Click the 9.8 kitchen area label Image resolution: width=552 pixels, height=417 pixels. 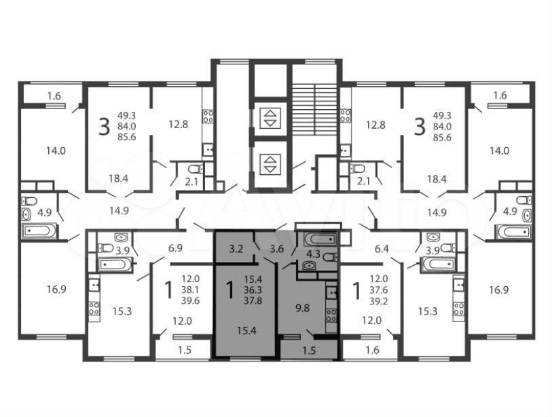coord(302,308)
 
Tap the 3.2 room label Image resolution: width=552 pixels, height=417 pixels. coord(236,249)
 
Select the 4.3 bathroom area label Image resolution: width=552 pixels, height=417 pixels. coord(313,254)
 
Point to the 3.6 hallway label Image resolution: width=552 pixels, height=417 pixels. coord(277,249)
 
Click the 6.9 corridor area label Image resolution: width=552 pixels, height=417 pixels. coord(175,248)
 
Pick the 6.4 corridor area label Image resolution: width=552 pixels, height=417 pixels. coord(382,249)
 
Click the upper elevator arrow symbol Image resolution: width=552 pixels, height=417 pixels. coord(270,118)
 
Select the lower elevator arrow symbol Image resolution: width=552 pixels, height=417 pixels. coord(270,164)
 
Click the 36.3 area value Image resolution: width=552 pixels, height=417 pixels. coord(253,290)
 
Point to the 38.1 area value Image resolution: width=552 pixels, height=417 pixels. coord(191,290)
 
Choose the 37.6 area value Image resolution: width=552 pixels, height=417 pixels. coord(378,290)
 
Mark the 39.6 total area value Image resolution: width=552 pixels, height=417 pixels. coord(191,300)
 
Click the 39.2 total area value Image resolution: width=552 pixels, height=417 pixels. coord(378,300)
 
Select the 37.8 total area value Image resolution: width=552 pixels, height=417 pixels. coord(253,301)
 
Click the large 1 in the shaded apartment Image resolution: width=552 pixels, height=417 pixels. coord(230,290)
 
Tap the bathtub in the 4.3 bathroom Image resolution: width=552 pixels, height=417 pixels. coord(320,239)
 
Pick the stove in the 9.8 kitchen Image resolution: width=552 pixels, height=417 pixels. coord(331,315)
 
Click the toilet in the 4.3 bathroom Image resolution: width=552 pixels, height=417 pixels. coord(330,258)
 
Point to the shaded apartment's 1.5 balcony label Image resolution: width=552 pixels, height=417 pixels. coord(310,351)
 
